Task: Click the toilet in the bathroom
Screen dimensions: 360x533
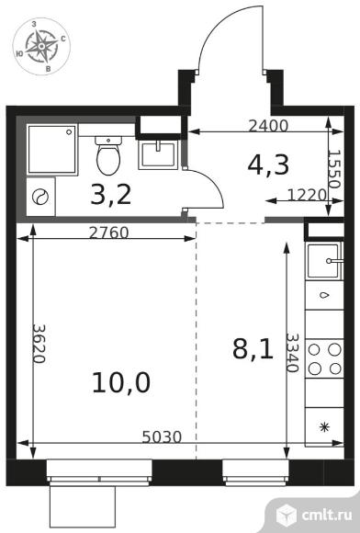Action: point(108,155)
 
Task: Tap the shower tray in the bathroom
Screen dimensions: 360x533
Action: point(52,149)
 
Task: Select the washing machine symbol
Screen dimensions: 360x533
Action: point(40,197)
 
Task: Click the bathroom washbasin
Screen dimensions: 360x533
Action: point(158,155)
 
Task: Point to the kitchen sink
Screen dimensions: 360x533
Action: point(323,261)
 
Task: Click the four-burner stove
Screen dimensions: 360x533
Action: point(324,359)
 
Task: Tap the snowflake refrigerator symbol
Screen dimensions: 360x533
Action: point(325,427)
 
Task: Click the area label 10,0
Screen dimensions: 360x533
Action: point(121,382)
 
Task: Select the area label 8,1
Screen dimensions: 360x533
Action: point(253,349)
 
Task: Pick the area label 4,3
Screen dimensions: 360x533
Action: point(268,164)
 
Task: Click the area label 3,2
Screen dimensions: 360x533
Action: point(111,195)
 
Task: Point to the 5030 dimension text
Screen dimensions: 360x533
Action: point(162,437)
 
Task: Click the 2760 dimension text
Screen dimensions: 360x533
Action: point(108,232)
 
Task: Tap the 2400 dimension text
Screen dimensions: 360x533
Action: point(268,126)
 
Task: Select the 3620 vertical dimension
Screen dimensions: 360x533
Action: point(39,344)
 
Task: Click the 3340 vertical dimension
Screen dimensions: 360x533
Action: point(292,353)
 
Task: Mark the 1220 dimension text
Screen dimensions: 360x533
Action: point(307,195)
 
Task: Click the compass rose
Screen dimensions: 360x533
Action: point(41,46)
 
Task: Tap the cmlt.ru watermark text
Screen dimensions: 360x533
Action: point(326,516)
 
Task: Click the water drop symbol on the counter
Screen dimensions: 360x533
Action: point(324,295)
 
